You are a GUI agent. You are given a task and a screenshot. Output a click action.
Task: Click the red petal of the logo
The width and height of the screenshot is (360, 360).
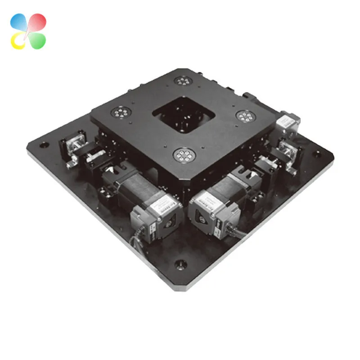(37, 22)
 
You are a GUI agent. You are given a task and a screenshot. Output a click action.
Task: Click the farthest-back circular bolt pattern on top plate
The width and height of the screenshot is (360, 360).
(182, 81)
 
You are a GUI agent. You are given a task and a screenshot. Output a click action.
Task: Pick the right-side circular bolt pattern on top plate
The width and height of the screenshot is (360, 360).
(245, 117)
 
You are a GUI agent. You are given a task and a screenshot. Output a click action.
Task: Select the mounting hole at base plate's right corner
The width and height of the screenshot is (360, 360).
(318, 153)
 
